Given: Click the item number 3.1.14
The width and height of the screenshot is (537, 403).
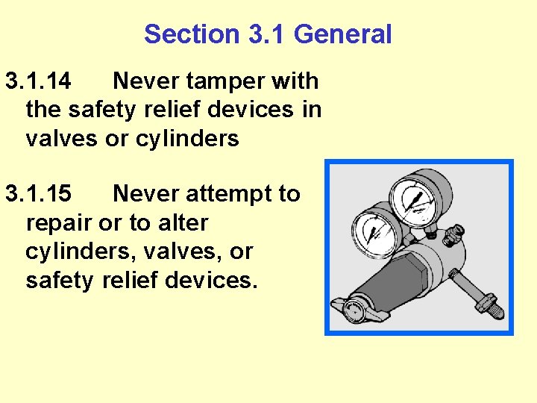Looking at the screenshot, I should (x=38, y=81).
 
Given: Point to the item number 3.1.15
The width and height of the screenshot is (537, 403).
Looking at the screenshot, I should (x=38, y=194).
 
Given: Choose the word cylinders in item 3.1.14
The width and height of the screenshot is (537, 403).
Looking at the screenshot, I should (x=187, y=140).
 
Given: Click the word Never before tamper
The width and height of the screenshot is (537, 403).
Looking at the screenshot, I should (x=150, y=81).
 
